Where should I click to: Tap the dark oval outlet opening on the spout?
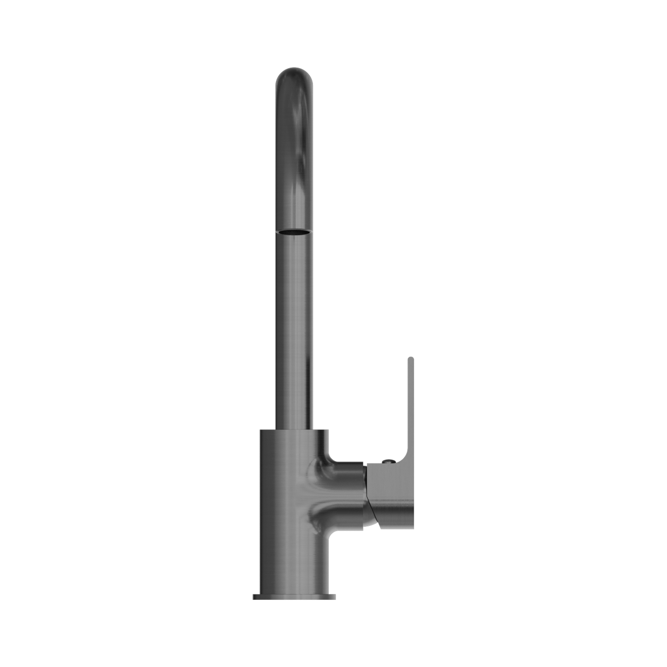[x=294, y=231]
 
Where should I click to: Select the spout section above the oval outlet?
[x=294, y=155]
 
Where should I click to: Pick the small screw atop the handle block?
[x=389, y=461]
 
